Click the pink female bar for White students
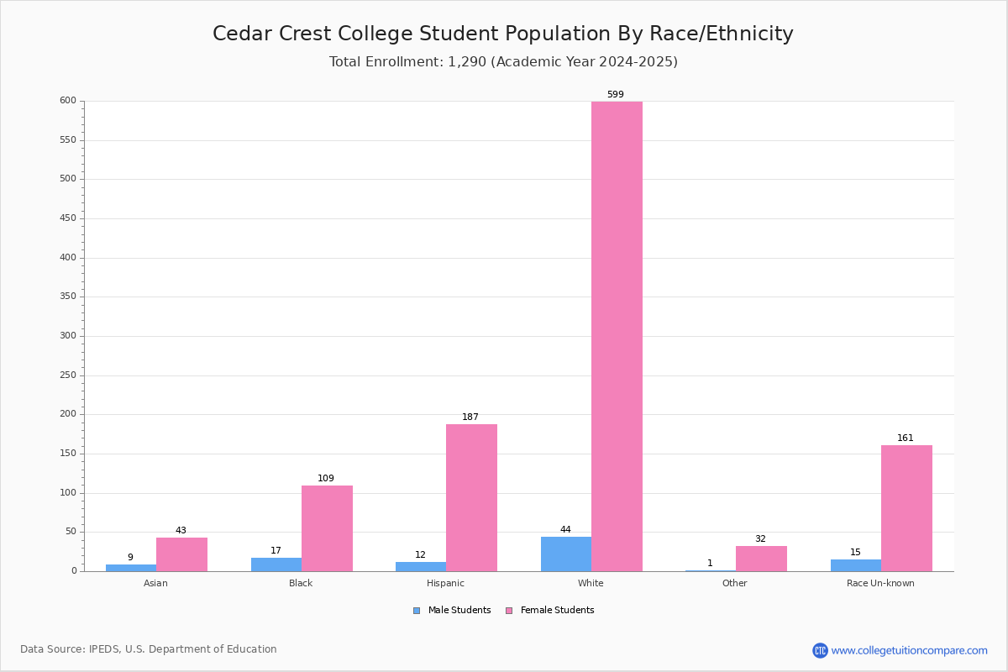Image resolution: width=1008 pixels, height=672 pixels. tap(617, 336)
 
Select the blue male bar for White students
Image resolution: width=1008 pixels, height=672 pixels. tap(566, 554)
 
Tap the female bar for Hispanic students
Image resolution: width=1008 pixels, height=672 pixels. tap(471, 498)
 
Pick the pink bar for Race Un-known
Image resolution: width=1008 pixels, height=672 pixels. tap(906, 508)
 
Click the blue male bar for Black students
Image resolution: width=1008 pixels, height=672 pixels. tap(276, 564)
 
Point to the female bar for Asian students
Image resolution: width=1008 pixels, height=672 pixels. tap(181, 554)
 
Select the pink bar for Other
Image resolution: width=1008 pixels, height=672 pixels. tap(761, 559)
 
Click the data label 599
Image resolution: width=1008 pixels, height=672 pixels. tap(616, 94)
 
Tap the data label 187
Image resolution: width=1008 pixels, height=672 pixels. tap(470, 417)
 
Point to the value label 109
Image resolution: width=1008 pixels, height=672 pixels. tap(326, 478)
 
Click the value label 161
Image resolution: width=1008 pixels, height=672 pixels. tap(906, 438)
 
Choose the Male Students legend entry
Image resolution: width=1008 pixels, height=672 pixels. tap(452, 610)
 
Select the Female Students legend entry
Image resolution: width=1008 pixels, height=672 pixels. tap(550, 610)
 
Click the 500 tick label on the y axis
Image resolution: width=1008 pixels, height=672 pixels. tap(68, 178)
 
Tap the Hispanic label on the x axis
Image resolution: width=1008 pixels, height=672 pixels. tap(445, 583)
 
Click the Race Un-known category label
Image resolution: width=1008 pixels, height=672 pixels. tap(880, 583)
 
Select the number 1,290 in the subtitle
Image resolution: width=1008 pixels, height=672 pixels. tap(467, 61)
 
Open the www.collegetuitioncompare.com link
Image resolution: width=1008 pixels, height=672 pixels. tap(909, 650)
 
